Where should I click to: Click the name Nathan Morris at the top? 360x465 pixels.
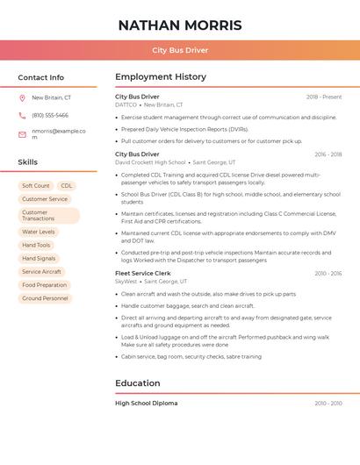click(179, 25)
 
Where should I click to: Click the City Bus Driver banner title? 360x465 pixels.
click(179, 51)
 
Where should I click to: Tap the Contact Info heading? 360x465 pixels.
click(40, 77)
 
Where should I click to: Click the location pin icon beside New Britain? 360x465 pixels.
click(22, 97)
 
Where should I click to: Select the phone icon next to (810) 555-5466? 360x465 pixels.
click(22, 115)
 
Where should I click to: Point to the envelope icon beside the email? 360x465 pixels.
click(22, 133)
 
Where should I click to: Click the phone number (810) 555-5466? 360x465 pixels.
click(50, 115)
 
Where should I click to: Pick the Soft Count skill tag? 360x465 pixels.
click(36, 186)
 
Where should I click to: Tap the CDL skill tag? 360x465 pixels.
click(67, 186)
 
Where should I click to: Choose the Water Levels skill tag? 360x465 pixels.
click(38, 232)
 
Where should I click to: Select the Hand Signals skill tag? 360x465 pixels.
click(39, 259)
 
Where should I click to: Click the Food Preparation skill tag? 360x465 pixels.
click(44, 285)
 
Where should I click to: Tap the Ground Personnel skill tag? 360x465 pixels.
click(45, 298)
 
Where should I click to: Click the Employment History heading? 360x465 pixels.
click(161, 77)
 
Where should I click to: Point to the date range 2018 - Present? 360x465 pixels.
click(324, 97)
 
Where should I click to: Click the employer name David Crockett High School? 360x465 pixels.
click(151, 162)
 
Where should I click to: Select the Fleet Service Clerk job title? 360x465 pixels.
click(143, 273)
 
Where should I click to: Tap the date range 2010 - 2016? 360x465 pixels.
click(328, 273)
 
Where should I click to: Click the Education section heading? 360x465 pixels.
click(138, 383)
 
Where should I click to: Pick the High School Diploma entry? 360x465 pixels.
click(146, 403)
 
